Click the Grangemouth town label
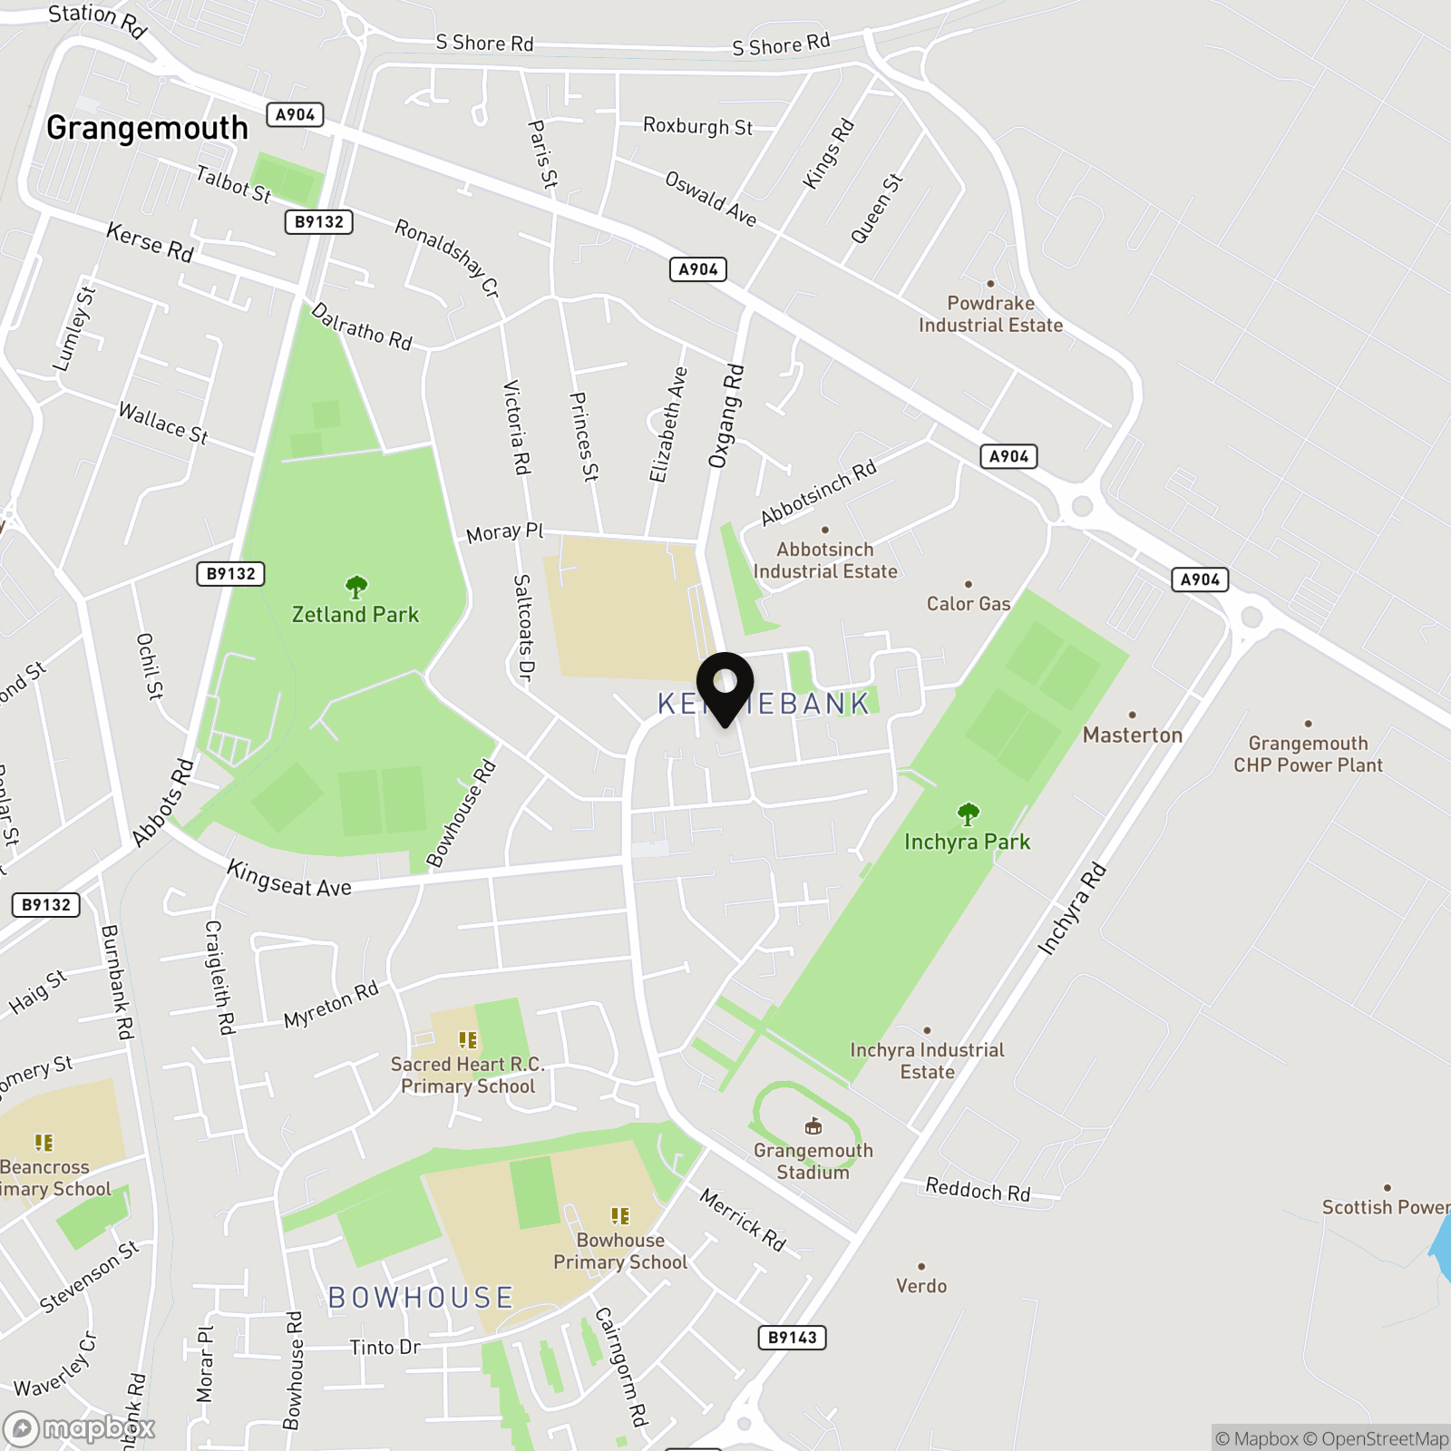click(x=147, y=128)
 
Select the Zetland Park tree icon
click(x=356, y=587)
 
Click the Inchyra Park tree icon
click(x=968, y=813)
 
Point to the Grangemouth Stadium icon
click(x=813, y=1126)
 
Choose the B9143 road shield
click(x=792, y=1338)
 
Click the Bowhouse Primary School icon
click(x=620, y=1216)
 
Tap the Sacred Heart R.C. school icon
click(x=468, y=1040)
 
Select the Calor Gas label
click(x=968, y=604)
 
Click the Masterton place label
click(x=1133, y=735)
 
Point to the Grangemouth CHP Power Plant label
click(x=1308, y=755)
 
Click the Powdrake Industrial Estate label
click(x=990, y=315)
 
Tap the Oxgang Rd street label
click(x=726, y=416)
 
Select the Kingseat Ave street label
click(x=289, y=880)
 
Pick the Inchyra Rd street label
click(x=1072, y=910)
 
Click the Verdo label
click(x=921, y=1286)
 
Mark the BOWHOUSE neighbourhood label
click(x=421, y=1298)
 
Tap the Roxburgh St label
click(x=697, y=126)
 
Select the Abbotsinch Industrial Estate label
click(x=825, y=560)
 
